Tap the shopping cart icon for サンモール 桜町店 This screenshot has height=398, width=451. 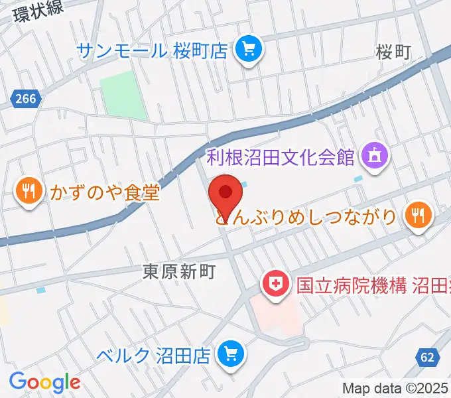click(x=249, y=48)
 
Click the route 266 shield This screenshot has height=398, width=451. click(x=27, y=99)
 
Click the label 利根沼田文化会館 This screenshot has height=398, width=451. click(x=281, y=158)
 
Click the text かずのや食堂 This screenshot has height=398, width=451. click(x=105, y=193)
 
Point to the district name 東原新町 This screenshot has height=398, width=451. click(x=180, y=272)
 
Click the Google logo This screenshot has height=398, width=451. click(x=44, y=381)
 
